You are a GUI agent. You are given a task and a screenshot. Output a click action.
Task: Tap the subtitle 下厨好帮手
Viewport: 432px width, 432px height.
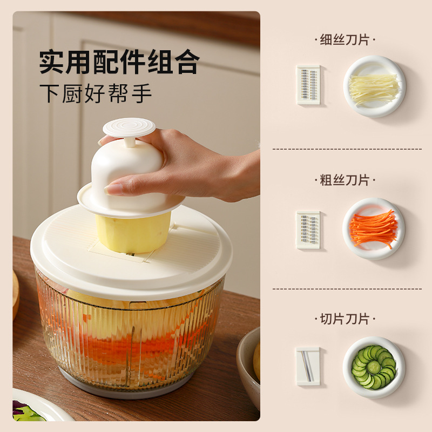coord(96,93)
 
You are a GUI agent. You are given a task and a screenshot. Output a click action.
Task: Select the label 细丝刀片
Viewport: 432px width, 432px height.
coord(345,39)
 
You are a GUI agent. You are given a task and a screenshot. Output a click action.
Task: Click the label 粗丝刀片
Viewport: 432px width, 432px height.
coord(345,180)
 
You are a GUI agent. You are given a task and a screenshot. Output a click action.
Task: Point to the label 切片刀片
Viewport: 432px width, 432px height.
coord(345,319)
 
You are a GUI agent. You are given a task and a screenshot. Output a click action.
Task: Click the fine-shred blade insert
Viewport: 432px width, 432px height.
coord(308,85)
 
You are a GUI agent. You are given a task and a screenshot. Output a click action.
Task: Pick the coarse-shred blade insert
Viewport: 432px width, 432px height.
coord(308,230)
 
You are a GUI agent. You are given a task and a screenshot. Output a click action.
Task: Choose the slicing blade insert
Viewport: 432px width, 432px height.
coord(308,366)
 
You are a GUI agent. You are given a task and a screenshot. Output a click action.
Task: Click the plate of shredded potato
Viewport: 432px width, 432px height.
coord(374,86)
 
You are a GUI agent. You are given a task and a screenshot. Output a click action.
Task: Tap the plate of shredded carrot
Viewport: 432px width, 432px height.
coord(374,228)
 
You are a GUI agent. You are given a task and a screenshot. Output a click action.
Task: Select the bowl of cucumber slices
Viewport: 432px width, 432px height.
coord(374,367)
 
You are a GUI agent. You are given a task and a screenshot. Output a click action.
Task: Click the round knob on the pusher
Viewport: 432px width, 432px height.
coord(129,127)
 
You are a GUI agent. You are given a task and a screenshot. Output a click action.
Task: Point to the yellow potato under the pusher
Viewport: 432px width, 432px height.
coord(133,233)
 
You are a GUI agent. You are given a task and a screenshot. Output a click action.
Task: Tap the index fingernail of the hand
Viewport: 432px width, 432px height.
coord(113,190)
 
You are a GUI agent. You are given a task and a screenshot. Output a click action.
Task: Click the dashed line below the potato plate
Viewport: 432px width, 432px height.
coord(347,149)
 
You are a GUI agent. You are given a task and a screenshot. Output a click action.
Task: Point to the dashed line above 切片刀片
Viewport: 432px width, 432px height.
coord(347,289)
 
